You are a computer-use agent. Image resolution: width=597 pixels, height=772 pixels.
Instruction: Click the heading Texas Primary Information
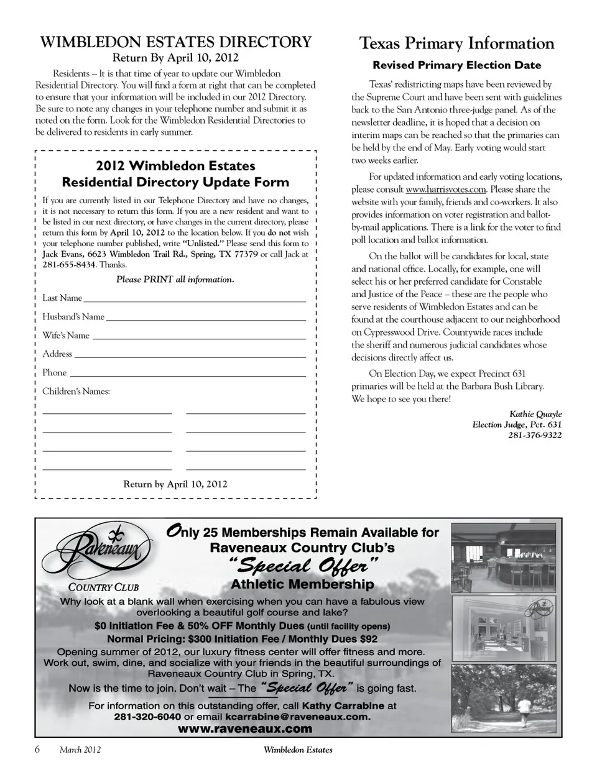(x=456, y=44)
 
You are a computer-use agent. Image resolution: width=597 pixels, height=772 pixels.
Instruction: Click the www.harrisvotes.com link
(x=445, y=190)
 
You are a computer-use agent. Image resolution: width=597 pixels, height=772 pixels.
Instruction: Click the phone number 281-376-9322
(x=535, y=435)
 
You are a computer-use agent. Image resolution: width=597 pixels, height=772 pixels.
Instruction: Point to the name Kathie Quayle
(x=535, y=414)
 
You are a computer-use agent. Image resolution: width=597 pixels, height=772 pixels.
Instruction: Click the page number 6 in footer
(x=37, y=749)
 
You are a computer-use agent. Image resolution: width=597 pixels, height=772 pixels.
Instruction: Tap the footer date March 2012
(x=80, y=750)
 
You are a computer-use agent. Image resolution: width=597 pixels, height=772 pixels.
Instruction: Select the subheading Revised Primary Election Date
(x=456, y=65)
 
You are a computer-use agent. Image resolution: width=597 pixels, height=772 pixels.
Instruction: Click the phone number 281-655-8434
(x=69, y=265)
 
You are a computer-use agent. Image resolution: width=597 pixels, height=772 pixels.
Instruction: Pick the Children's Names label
(x=76, y=392)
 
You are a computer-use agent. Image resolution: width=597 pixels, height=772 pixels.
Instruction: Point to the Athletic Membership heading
(x=302, y=584)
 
